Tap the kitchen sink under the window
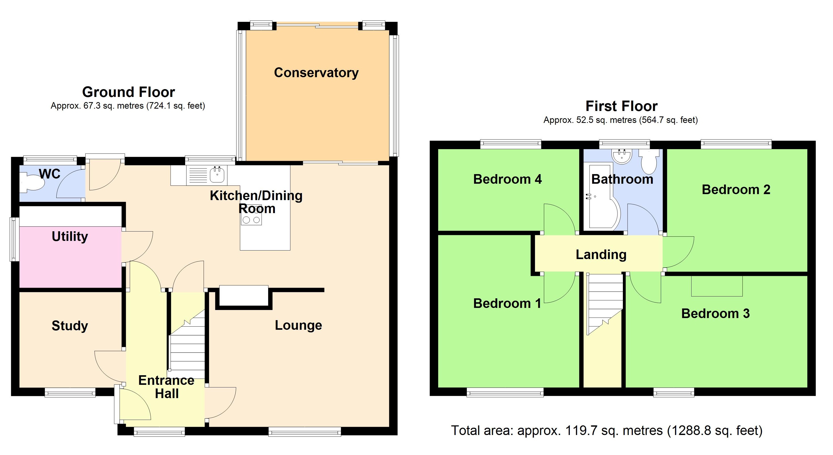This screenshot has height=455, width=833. pyautogui.click(x=217, y=175)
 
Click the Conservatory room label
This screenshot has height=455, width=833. pyautogui.click(x=316, y=73)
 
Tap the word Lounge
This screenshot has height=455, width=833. pyautogui.click(x=298, y=325)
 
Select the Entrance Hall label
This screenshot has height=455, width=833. pyautogui.click(x=166, y=387)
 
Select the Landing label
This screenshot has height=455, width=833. pyautogui.click(x=601, y=255)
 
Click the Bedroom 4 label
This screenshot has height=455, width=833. pyautogui.click(x=507, y=179)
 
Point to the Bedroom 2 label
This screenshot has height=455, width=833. pyautogui.click(x=736, y=190)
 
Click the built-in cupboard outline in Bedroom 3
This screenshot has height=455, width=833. pyautogui.click(x=716, y=286)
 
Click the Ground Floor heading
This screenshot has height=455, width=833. pyautogui.click(x=128, y=92)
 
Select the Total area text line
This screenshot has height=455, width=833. pyautogui.click(x=607, y=430)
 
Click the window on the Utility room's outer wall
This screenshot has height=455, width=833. pyautogui.click(x=14, y=239)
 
